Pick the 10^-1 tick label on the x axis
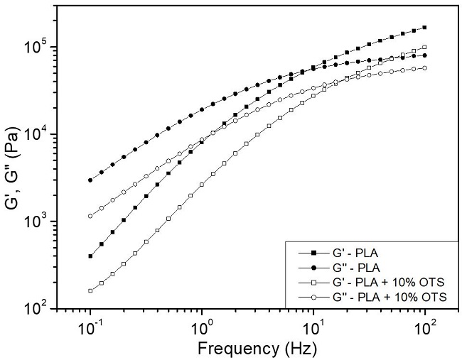(x=90, y=328)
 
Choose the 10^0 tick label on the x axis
(x=202, y=328)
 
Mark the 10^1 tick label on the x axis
(x=313, y=328)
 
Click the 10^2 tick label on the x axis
(x=425, y=328)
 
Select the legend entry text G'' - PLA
(x=356, y=268)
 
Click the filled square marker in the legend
(x=312, y=253)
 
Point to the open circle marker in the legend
(x=312, y=298)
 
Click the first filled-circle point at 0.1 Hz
(x=90, y=180)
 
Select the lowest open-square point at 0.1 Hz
(x=90, y=290)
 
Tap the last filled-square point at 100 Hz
(x=424, y=28)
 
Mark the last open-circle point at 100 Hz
(x=424, y=68)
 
